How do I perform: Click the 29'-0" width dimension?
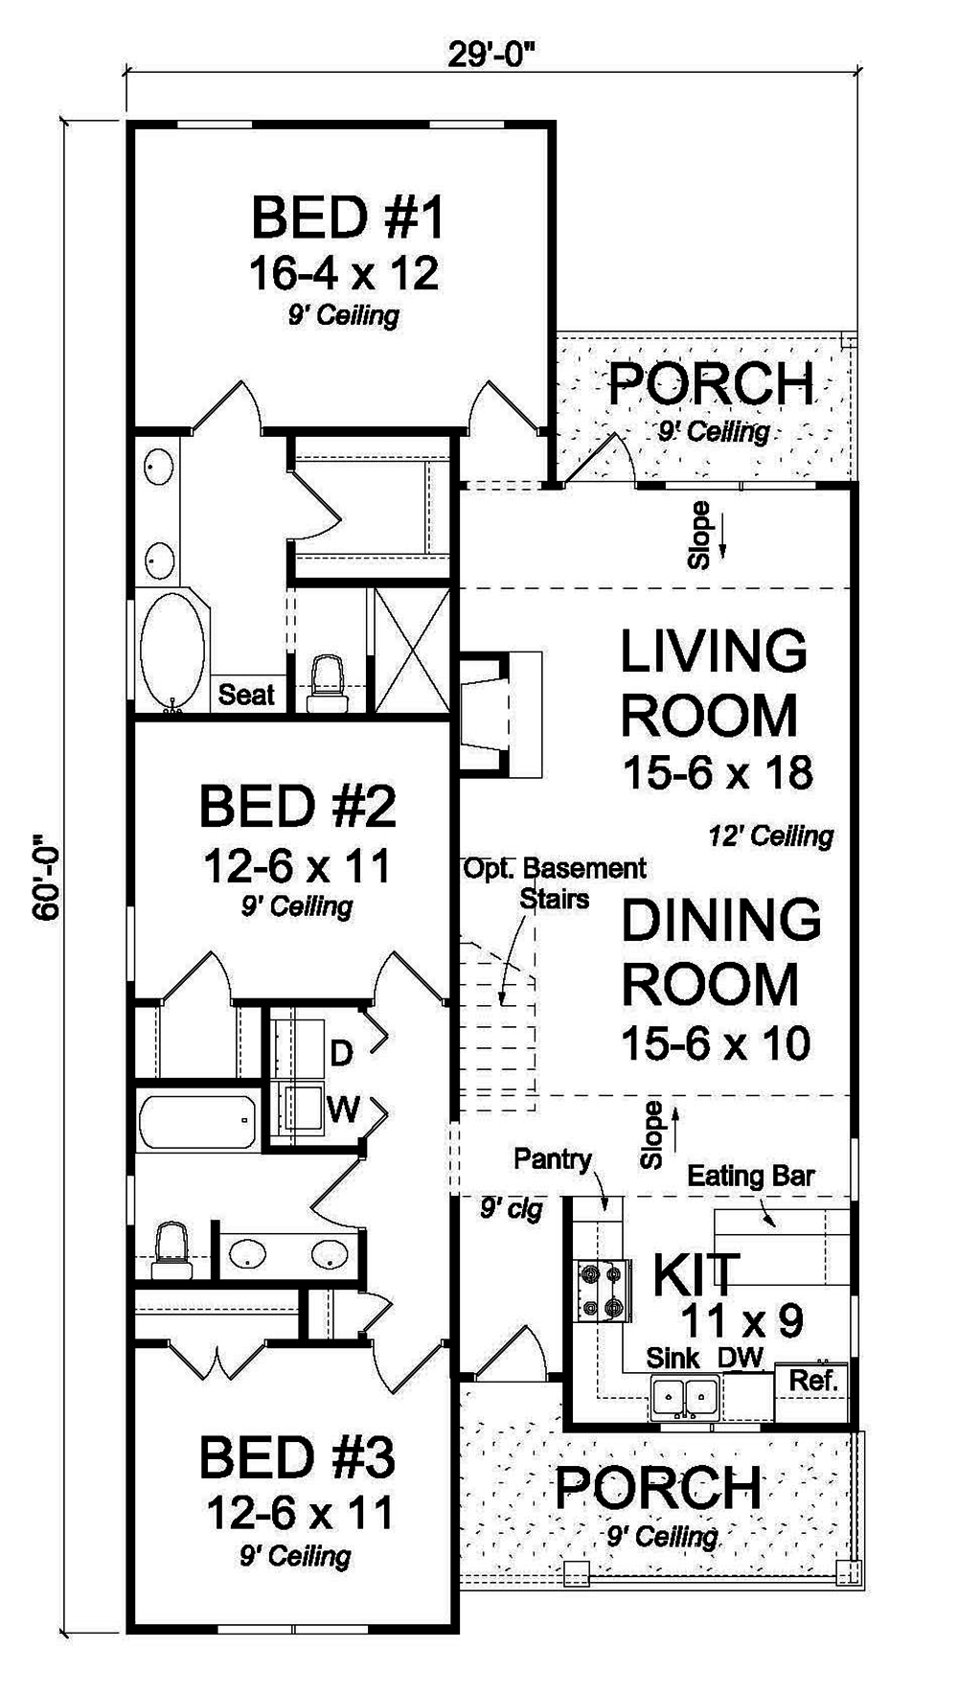click(x=490, y=55)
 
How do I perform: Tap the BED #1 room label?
click(x=347, y=217)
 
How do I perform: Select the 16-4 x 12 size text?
click(x=344, y=274)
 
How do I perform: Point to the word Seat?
click(x=246, y=694)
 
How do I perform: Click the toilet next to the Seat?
click(x=328, y=682)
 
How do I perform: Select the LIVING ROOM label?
click(x=714, y=682)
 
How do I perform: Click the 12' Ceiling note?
click(x=770, y=836)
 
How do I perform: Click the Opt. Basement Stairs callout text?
click(x=555, y=882)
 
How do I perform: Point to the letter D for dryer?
click(x=341, y=1054)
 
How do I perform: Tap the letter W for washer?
click(x=343, y=1110)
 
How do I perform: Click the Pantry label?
click(x=552, y=1159)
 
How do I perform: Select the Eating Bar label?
click(x=750, y=1177)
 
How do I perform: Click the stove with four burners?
click(x=601, y=1291)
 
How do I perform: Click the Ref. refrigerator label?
click(x=812, y=1381)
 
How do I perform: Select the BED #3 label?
click(x=297, y=1458)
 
